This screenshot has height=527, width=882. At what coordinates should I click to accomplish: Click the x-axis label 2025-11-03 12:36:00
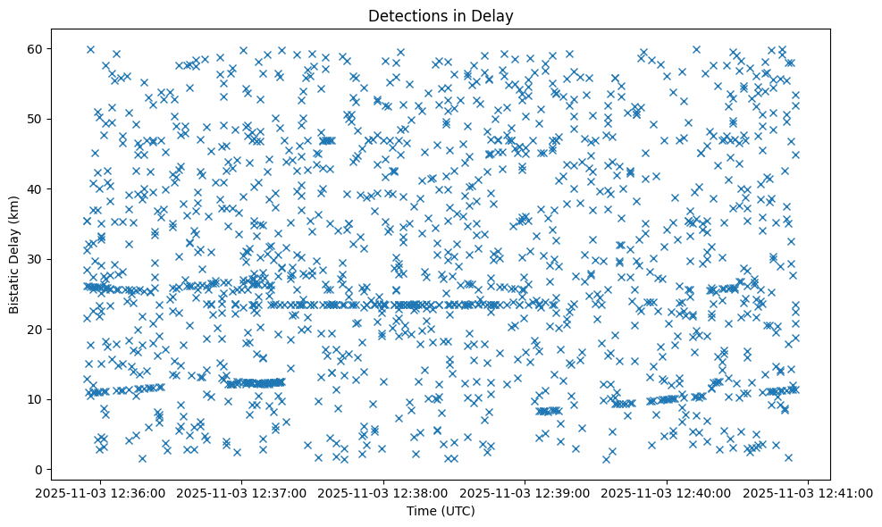pyautogui.click(x=100, y=492)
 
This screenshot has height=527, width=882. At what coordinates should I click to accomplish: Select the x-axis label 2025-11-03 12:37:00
pyautogui.click(x=242, y=492)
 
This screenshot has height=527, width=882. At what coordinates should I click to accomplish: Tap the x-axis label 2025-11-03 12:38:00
pyautogui.click(x=384, y=492)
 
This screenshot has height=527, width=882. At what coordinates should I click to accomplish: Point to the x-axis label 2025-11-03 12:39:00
pyautogui.click(x=525, y=492)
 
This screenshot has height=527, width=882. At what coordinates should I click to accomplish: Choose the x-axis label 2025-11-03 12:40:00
pyautogui.click(x=668, y=492)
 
